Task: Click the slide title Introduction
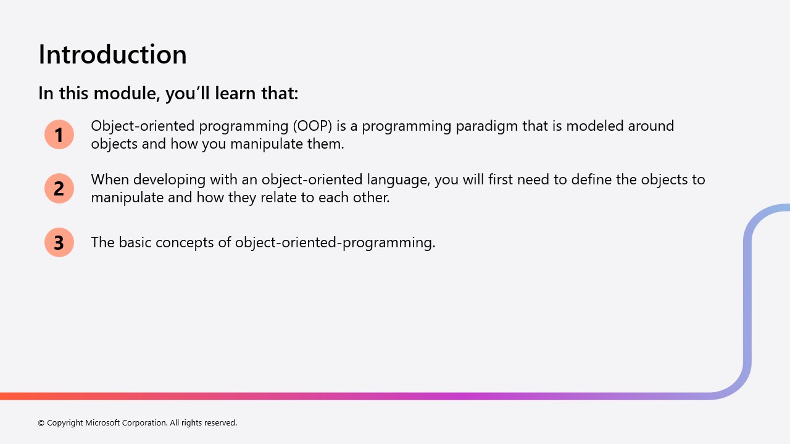pos(112,54)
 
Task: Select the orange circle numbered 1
pos(59,134)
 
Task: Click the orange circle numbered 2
pos(59,188)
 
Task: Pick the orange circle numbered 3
pos(59,242)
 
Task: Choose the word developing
pos(167,180)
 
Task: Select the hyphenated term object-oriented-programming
pos(335,242)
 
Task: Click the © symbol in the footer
pos(41,423)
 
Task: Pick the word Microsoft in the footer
pos(102,423)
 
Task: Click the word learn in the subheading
pos(234,94)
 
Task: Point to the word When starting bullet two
pos(110,179)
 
